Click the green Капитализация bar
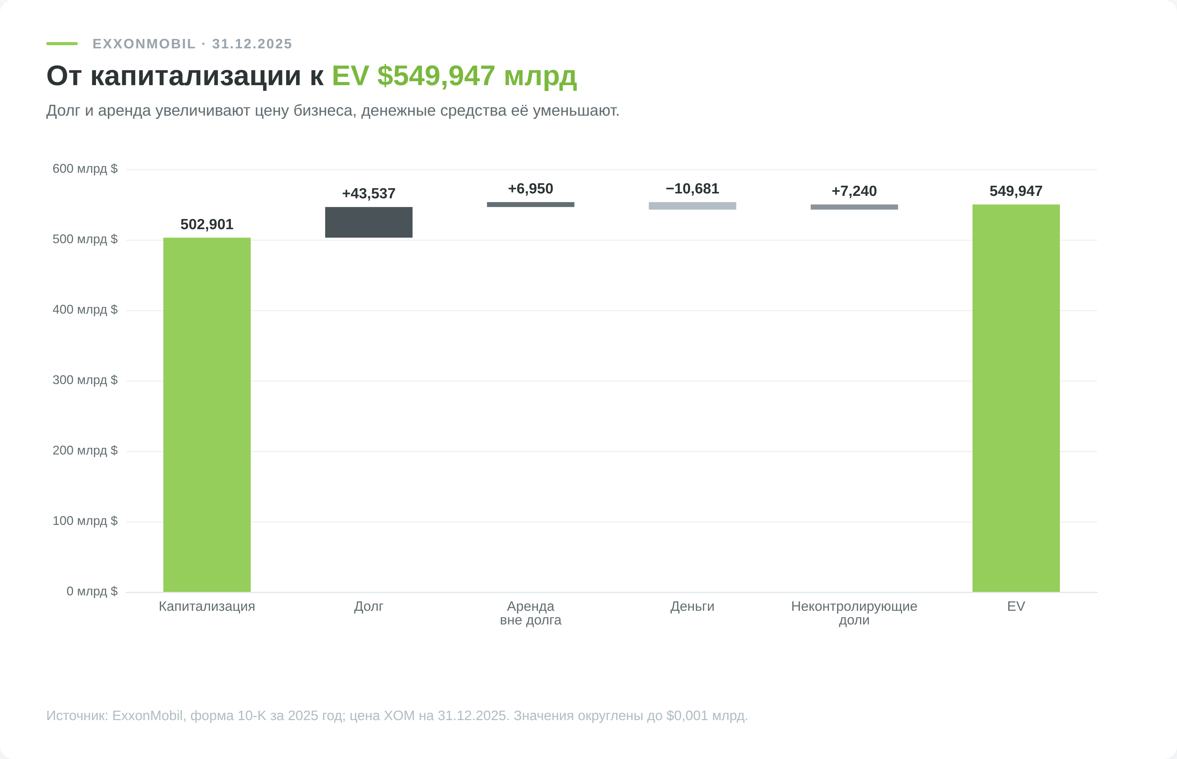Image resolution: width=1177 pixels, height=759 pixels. [x=207, y=415]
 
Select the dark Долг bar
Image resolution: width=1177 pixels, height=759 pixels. [x=369, y=222]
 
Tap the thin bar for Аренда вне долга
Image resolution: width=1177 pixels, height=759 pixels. [x=531, y=205]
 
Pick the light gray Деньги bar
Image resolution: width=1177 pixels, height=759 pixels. [x=692, y=206]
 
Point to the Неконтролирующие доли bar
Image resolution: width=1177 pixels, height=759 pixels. [x=854, y=207]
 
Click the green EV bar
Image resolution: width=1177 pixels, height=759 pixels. [x=1016, y=398]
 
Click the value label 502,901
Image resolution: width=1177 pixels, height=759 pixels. [x=207, y=224]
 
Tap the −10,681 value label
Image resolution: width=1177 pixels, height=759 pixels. [x=692, y=189]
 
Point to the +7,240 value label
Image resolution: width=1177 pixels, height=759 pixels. [x=854, y=191]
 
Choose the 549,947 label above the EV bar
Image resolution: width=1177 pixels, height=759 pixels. [x=1016, y=191]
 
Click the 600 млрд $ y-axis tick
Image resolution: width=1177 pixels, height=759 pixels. [x=85, y=169]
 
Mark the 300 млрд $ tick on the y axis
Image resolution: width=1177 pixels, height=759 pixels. [x=85, y=380]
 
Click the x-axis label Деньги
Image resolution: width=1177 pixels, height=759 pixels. [x=692, y=606]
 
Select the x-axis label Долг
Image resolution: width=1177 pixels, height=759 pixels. [x=369, y=606]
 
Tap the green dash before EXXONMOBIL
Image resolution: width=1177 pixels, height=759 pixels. [x=62, y=43]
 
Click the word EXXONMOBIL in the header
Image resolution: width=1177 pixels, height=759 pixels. [x=144, y=44]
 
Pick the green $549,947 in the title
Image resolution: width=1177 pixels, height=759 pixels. [x=436, y=76]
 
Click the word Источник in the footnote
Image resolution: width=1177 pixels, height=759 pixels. [x=77, y=716]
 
